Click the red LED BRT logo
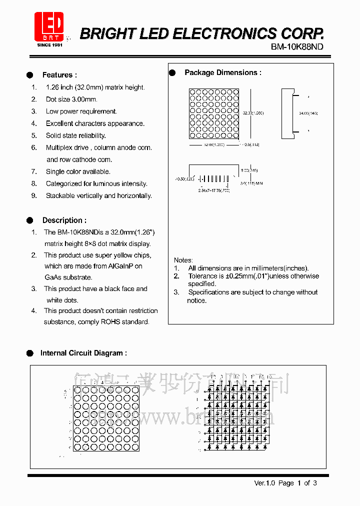point(49,26)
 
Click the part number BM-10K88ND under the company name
point(297,46)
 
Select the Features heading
point(59,75)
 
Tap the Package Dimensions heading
point(223,72)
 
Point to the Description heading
point(64,220)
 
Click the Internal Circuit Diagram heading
point(83,353)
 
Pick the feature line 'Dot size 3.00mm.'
point(71,99)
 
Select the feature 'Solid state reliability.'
point(76,135)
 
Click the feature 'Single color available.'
point(78,171)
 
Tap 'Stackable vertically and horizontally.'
point(99,195)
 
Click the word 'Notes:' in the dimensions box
point(183,260)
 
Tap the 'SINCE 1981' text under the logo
point(49,45)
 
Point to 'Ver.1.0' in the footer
point(265,483)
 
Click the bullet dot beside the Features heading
point(30,75)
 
